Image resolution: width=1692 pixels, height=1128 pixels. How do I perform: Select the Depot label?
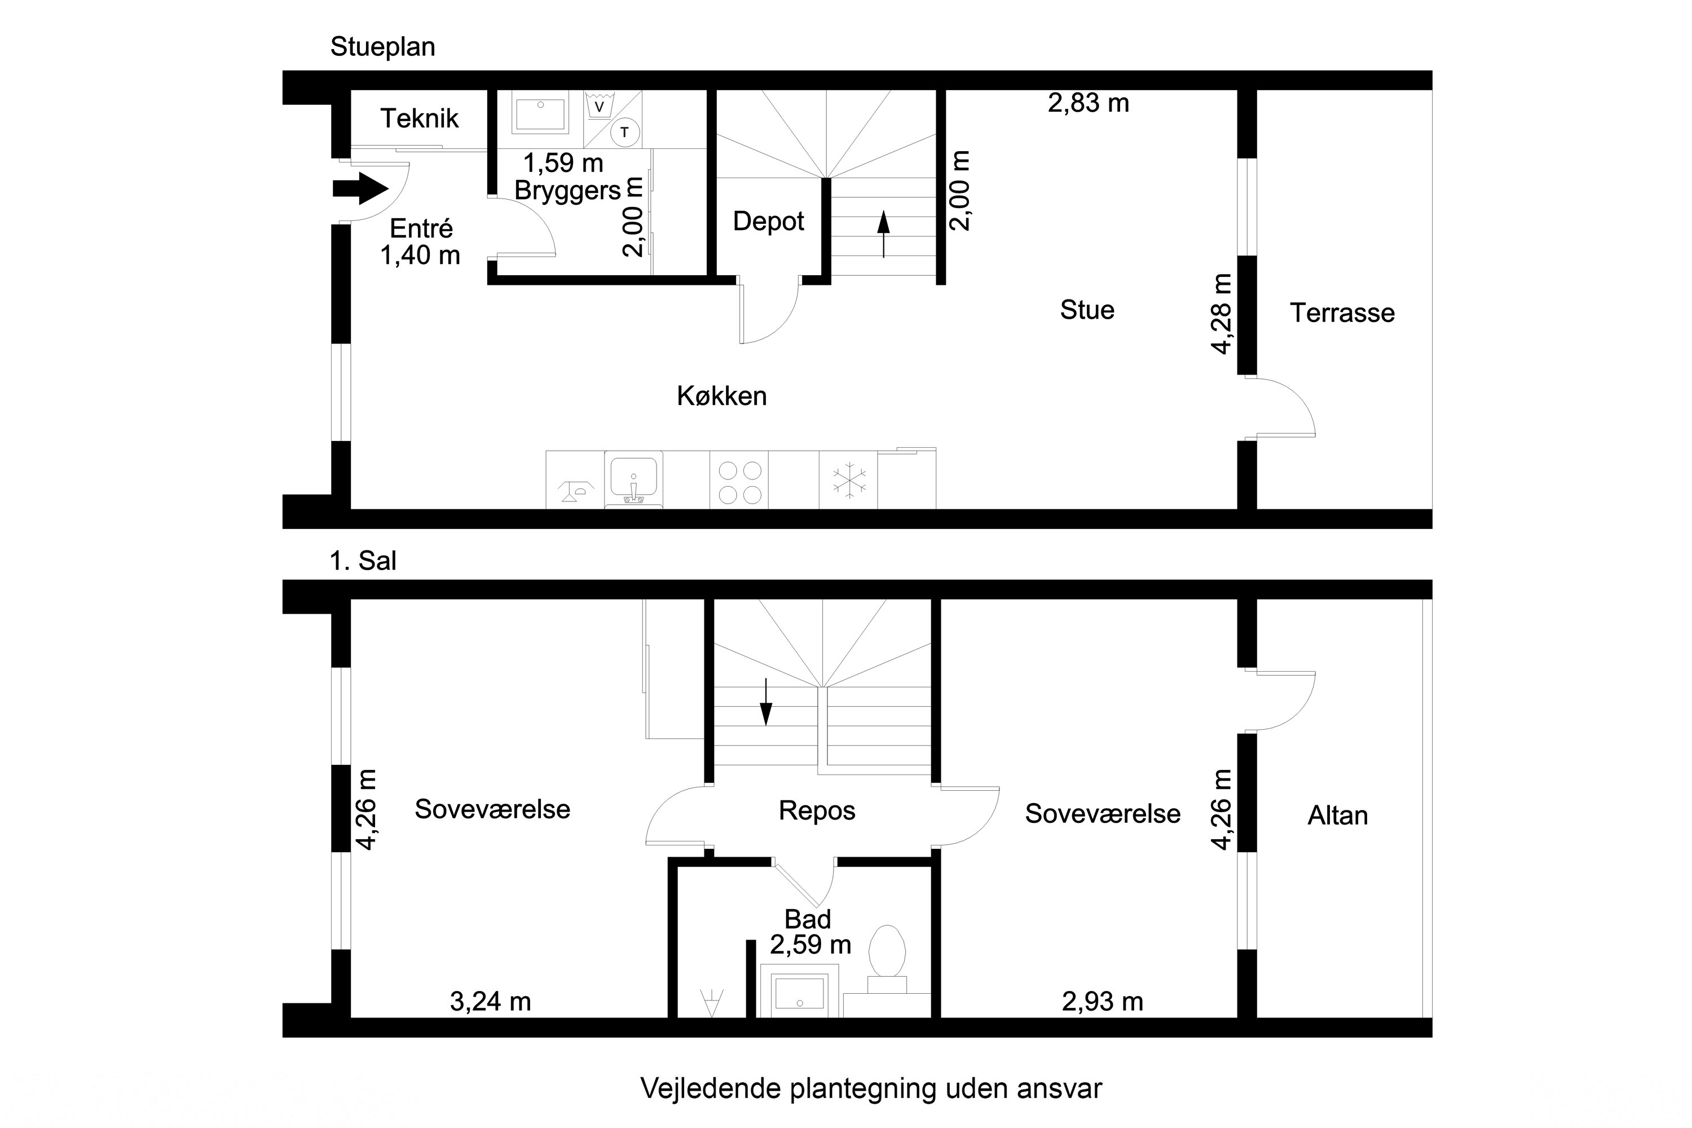tap(768, 222)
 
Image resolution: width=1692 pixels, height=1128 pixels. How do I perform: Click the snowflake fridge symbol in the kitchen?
tap(849, 481)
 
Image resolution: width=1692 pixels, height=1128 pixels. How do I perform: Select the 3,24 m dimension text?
tap(490, 1002)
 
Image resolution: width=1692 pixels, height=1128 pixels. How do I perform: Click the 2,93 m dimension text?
tap(1102, 1002)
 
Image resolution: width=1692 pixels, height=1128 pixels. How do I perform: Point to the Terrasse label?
tap(1342, 313)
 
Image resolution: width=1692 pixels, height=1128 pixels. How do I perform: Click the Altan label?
tap(1337, 816)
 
